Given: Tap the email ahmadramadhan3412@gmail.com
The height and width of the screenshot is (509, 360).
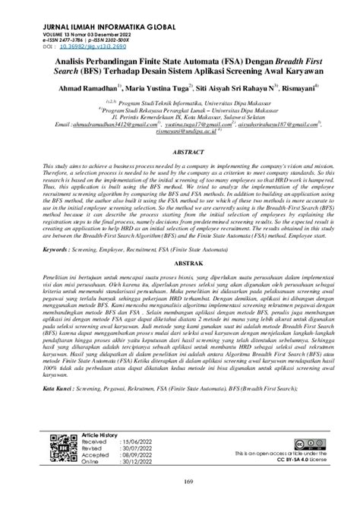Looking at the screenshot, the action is pyautogui.click(x=102, y=123).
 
